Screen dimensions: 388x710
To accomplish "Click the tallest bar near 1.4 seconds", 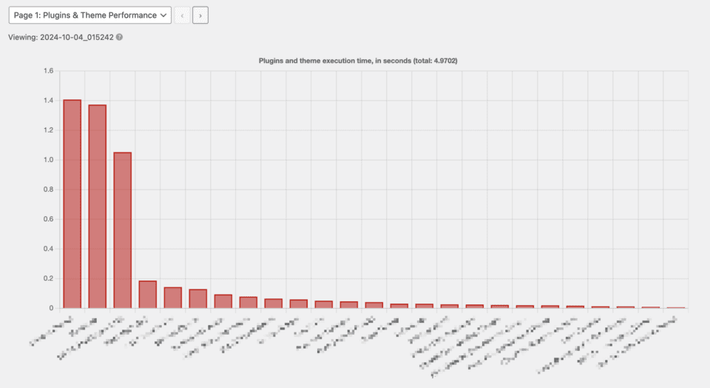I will [x=72, y=204].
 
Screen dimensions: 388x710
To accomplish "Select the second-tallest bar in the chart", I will [x=97, y=206].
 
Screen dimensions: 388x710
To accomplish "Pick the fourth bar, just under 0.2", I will [x=147, y=295].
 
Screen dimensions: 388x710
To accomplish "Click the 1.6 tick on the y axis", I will [x=49, y=71].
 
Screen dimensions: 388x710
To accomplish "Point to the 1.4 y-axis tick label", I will [x=49, y=101].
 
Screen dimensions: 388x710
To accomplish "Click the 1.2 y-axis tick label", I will [x=49, y=130].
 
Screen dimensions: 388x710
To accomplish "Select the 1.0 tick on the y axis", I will [x=49, y=160].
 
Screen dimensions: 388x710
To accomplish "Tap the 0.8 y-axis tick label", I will [x=49, y=190].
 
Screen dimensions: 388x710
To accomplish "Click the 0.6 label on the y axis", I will [x=49, y=219].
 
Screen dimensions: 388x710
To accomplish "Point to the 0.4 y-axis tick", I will [x=49, y=249].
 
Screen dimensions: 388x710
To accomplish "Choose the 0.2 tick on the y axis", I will [x=49, y=278].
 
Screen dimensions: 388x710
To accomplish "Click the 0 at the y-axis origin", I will [x=52, y=308].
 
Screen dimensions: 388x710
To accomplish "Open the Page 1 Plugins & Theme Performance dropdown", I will [x=89, y=15].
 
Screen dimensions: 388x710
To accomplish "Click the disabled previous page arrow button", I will [x=182, y=15].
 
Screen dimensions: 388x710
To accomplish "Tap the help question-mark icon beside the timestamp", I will [x=119, y=37].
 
